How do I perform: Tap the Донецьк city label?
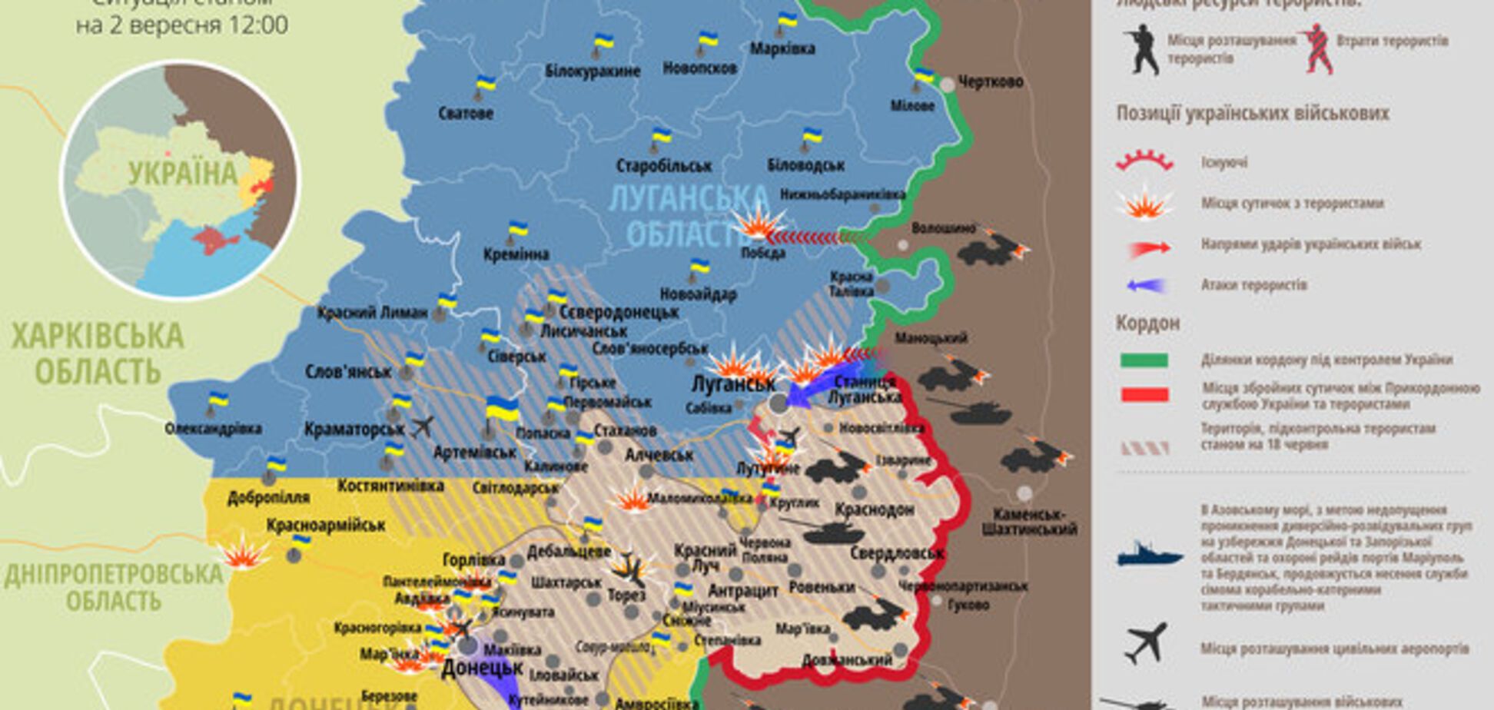[482, 668]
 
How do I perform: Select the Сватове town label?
[466, 114]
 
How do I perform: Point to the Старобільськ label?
[664, 165]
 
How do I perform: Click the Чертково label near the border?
[991, 81]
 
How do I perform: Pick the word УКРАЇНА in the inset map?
[183, 174]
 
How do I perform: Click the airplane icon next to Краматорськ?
[422, 426]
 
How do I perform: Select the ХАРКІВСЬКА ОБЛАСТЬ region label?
[97, 353]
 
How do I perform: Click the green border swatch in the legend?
[1144, 360]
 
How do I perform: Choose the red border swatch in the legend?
[1144, 395]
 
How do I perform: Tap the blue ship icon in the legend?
[1149, 555]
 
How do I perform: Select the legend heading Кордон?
[1147, 323]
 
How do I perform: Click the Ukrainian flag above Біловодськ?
[812, 138]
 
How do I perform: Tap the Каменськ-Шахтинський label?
[1028, 522]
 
